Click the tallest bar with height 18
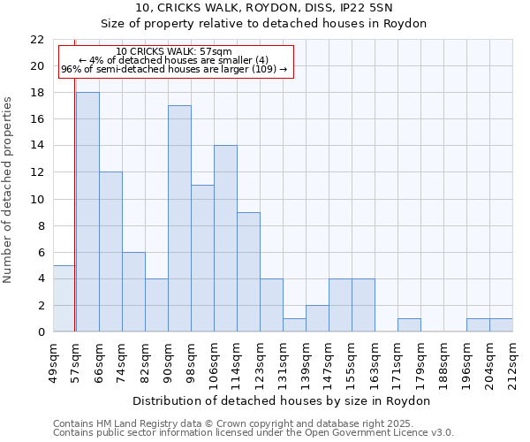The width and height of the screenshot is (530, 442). click(x=87, y=212)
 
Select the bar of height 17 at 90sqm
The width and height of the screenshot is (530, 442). click(x=179, y=218)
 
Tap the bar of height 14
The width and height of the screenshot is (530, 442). click(x=225, y=239)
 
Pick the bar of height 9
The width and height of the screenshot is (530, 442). click(x=248, y=271)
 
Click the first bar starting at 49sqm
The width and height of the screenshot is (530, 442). click(x=64, y=299)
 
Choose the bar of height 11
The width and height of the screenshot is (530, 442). click(x=202, y=258)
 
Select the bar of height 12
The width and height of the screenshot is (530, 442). click(x=110, y=252)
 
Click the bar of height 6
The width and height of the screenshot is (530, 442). click(x=133, y=292)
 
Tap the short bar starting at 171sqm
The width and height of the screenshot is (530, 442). click(x=409, y=325)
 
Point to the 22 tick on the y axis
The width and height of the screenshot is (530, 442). click(x=37, y=40)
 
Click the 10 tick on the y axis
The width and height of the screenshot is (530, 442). click(x=37, y=199)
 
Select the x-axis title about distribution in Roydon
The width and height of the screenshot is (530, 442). click(x=283, y=400)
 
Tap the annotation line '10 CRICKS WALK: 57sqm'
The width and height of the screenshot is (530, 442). click(x=174, y=52)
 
